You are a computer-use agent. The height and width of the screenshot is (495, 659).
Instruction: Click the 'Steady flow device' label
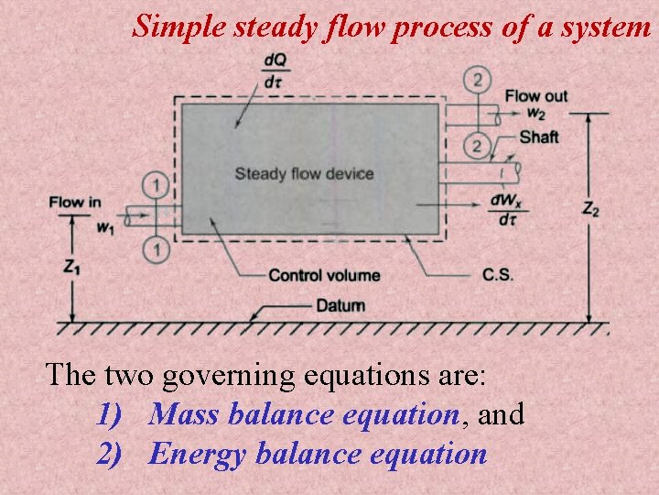(x=304, y=173)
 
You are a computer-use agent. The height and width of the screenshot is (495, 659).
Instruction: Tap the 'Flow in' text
(x=75, y=202)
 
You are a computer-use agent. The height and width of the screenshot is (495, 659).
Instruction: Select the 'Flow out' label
(x=536, y=96)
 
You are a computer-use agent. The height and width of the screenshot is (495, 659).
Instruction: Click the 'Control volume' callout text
(x=324, y=275)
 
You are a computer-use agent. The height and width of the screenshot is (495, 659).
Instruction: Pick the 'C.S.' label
(x=498, y=275)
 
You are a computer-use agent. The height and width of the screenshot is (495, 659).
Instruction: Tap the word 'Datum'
(x=340, y=305)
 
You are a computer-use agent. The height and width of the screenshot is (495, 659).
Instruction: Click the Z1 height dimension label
(x=70, y=267)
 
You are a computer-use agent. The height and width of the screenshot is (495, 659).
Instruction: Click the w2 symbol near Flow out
(x=536, y=115)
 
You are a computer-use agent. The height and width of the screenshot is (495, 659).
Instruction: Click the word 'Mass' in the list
(x=184, y=414)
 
